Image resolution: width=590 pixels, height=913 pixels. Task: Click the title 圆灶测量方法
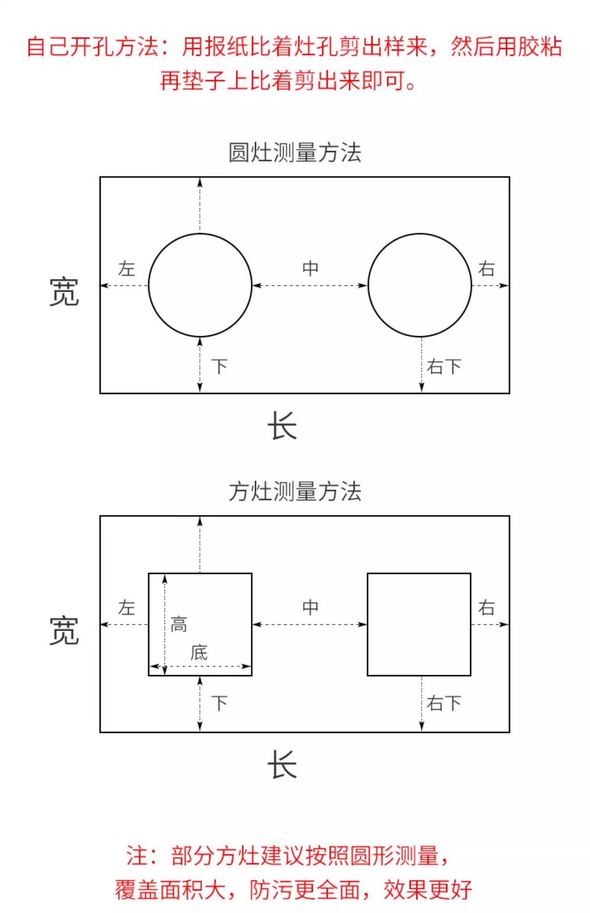tap(295, 153)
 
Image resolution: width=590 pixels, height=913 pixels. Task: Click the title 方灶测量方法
tap(295, 492)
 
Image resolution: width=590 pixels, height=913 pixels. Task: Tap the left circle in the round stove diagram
tap(200, 285)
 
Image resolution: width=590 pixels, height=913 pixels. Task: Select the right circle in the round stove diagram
tap(420, 285)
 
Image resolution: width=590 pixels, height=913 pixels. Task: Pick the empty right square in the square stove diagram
tap(419, 624)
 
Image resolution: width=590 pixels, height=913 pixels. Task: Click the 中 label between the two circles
tap(310, 269)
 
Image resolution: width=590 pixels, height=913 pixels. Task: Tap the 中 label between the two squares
tap(310, 607)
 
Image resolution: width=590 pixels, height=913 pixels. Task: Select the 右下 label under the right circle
tap(443, 367)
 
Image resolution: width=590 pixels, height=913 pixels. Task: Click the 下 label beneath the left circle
tap(219, 367)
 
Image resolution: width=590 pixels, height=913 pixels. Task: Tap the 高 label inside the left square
tap(179, 624)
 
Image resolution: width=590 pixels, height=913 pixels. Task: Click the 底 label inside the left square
tap(199, 653)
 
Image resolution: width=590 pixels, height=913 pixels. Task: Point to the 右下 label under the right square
tap(443, 703)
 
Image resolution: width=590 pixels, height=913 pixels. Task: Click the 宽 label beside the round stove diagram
tap(64, 292)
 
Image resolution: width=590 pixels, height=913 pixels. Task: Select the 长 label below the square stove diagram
tap(282, 765)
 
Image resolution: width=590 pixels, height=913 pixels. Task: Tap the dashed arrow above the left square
tap(200, 545)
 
